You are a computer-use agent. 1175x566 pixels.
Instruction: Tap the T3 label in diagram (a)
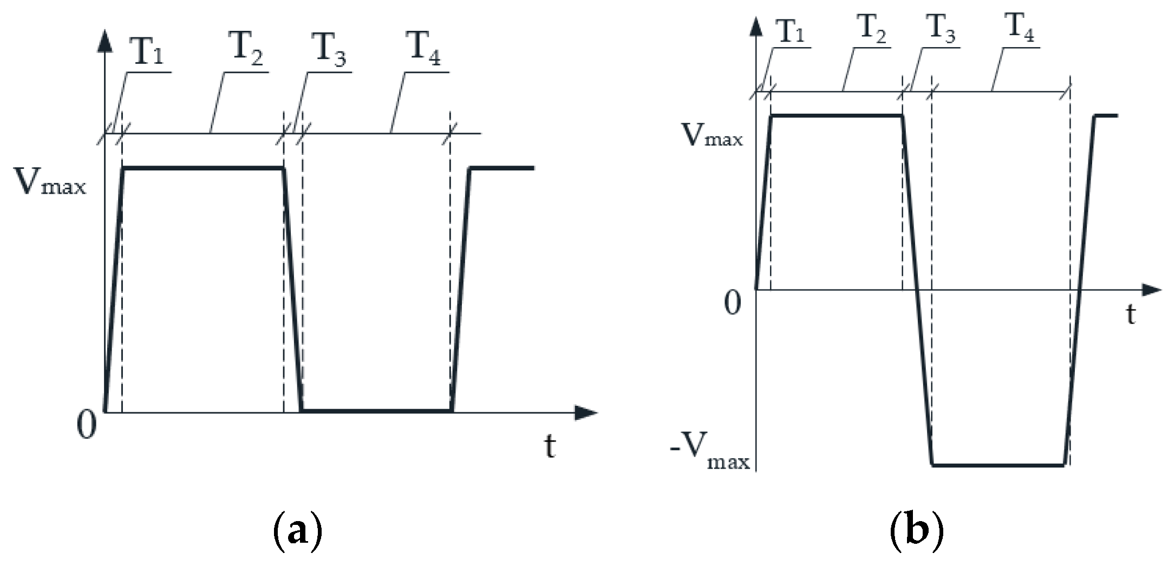tap(329, 50)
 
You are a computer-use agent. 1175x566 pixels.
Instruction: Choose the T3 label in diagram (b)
tap(940, 28)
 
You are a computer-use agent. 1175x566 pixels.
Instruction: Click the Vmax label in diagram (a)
tap(49, 181)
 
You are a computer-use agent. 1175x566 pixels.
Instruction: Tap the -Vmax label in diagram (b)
tap(710, 451)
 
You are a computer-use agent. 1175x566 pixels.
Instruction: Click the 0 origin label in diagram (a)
tap(87, 425)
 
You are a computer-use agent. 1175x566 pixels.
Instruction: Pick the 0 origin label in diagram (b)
tap(733, 303)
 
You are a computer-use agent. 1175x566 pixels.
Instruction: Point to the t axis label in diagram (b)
tap(1131, 314)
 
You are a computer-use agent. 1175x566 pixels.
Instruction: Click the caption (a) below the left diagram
tap(297, 532)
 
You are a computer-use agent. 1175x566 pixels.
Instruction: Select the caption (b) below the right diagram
tap(916, 532)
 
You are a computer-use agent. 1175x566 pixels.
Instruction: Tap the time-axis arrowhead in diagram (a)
tap(586, 413)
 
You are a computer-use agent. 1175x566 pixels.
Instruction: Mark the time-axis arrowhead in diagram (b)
tap(1151, 291)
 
